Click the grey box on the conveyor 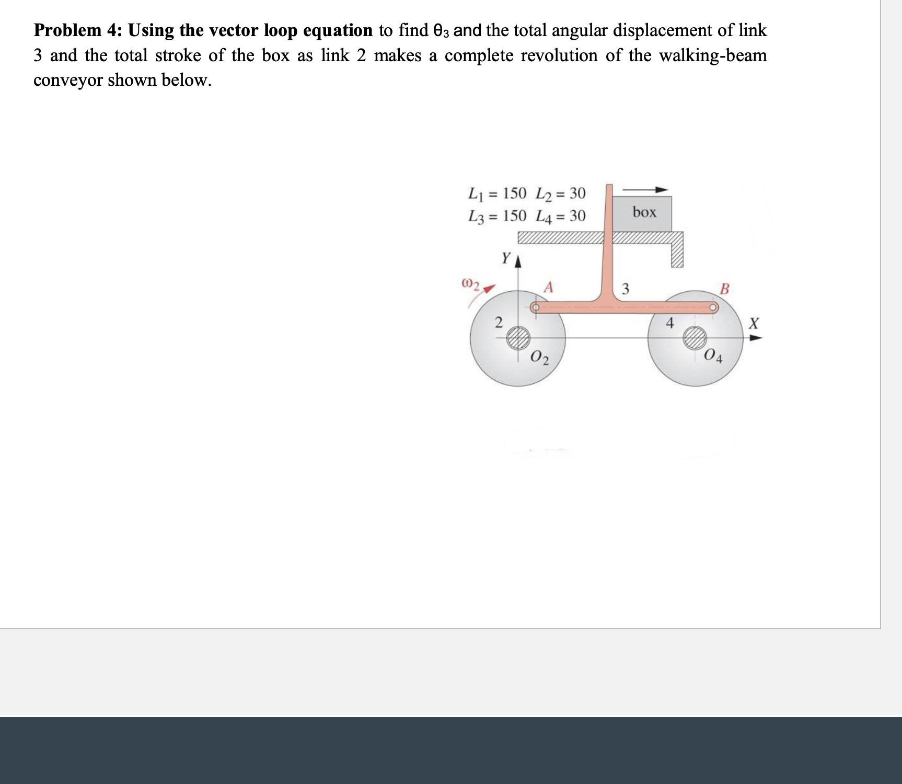(x=643, y=213)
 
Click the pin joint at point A (x=535, y=308)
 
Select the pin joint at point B (x=713, y=308)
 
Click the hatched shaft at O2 (x=518, y=337)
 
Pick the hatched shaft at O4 (x=695, y=338)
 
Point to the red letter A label (x=548, y=287)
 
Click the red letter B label (x=724, y=288)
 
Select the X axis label (x=753, y=323)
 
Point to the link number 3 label (x=625, y=289)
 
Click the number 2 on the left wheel (x=499, y=322)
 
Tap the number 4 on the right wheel (x=670, y=323)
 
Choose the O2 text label (x=539, y=358)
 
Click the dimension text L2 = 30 (x=561, y=194)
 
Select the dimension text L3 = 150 (x=498, y=216)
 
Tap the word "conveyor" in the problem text (x=68, y=80)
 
